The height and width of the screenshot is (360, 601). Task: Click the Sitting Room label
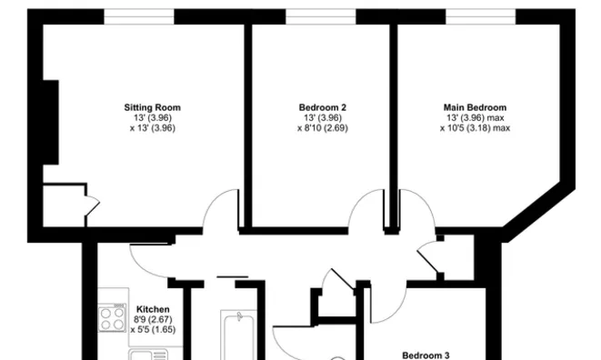click(x=145, y=107)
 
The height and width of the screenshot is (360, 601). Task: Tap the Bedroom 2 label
click(x=322, y=107)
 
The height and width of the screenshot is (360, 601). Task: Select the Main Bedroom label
click(x=475, y=107)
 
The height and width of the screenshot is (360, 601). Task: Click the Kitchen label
click(x=152, y=309)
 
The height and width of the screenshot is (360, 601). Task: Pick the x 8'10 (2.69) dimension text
click(x=323, y=128)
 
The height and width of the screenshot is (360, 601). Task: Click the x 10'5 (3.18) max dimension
click(x=475, y=128)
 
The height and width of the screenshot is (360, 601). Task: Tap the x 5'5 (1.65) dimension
click(x=152, y=330)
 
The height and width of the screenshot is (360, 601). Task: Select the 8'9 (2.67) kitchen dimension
click(x=152, y=320)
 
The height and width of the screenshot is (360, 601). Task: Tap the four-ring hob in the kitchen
click(x=113, y=318)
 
